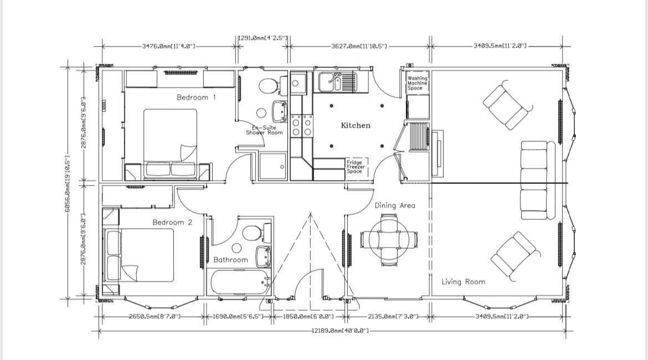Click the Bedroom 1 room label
click(x=196, y=97)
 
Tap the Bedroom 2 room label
click(x=172, y=222)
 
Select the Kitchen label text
click(x=355, y=126)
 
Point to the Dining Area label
click(x=394, y=205)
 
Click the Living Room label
click(x=463, y=282)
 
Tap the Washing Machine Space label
click(x=418, y=84)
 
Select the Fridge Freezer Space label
click(x=354, y=167)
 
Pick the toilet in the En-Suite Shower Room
click(x=269, y=86)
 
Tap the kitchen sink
click(x=336, y=83)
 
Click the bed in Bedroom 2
click(x=140, y=255)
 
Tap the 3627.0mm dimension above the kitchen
click(x=359, y=47)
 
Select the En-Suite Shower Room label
click(x=264, y=130)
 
